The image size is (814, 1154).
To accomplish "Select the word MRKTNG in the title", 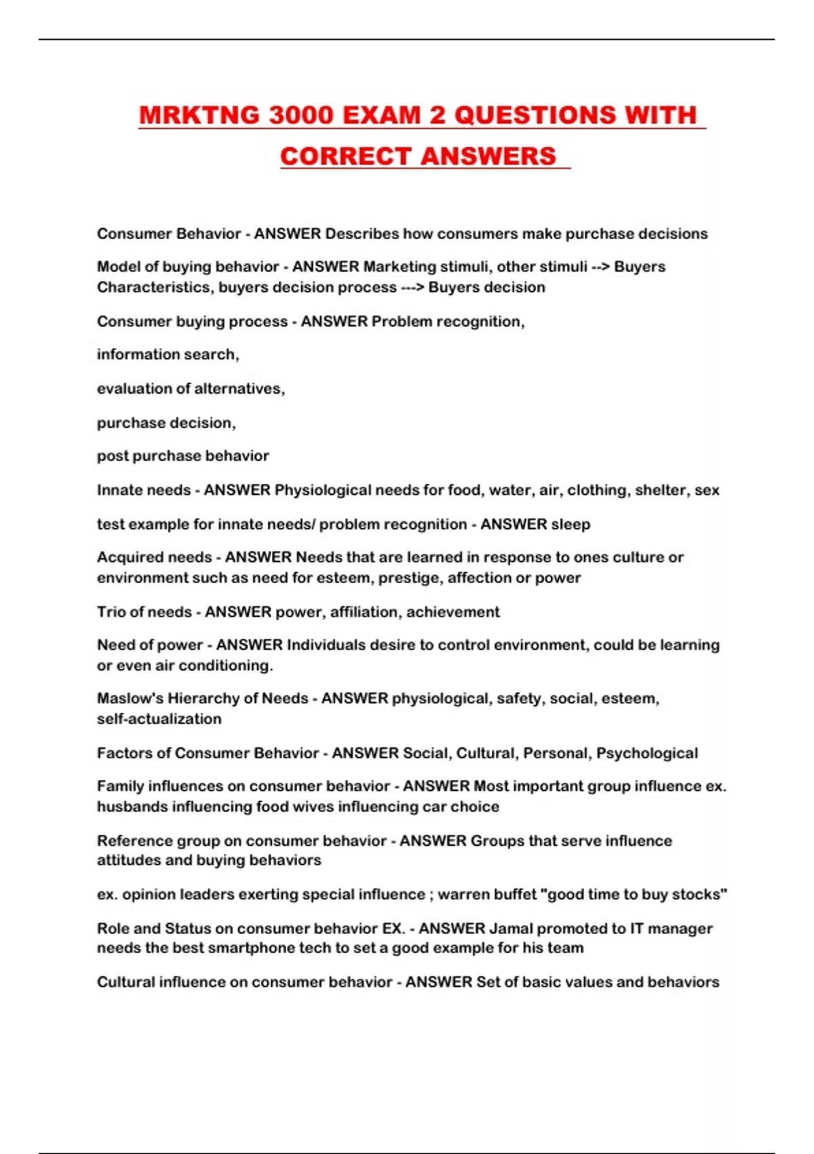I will click(199, 115).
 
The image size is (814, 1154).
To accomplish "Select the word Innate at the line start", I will click(119, 490).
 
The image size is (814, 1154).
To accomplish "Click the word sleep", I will click(570, 524).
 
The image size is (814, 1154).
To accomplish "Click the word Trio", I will click(111, 612).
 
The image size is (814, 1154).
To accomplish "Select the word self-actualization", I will click(159, 719).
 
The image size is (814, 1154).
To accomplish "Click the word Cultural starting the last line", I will click(125, 982).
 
